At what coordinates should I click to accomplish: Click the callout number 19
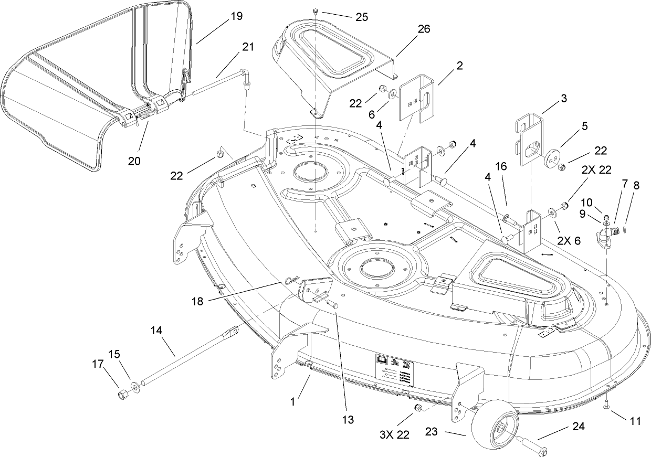click(236, 16)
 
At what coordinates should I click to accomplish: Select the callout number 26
click(423, 29)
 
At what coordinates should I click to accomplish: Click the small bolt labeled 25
click(316, 11)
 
